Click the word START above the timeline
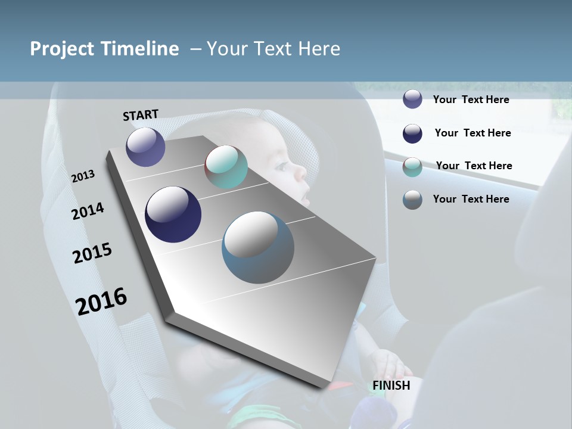[141, 115]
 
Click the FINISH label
[391, 386]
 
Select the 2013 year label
[83, 176]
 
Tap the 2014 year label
[88, 211]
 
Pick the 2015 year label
[92, 253]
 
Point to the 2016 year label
[101, 301]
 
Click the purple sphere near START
[145, 147]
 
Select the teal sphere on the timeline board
[226, 167]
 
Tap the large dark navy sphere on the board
[173, 214]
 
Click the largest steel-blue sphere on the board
[258, 247]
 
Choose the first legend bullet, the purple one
[412, 100]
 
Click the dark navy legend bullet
[412, 133]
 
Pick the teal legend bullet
[412, 167]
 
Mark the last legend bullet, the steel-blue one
[412, 200]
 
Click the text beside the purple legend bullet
[471, 100]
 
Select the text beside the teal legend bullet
[474, 166]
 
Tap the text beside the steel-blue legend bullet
[471, 199]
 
